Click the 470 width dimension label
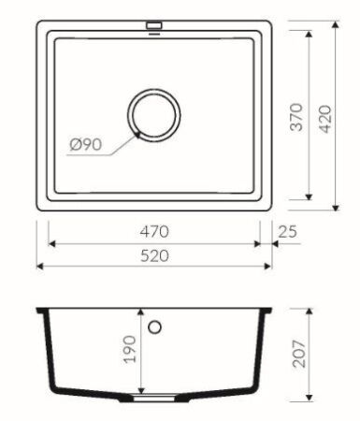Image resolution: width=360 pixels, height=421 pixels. tap(155, 231)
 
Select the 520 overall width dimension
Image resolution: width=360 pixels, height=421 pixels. tap(155, 256)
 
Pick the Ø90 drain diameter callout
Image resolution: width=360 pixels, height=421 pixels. tap(86, 145)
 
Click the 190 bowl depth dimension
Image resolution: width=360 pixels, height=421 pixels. tap(130, 350)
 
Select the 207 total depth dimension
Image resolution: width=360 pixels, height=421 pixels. tap(299, 354)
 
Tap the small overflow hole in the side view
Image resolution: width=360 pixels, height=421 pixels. tap(155, 327)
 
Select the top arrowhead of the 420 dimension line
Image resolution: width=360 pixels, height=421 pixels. tap(337, 21)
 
